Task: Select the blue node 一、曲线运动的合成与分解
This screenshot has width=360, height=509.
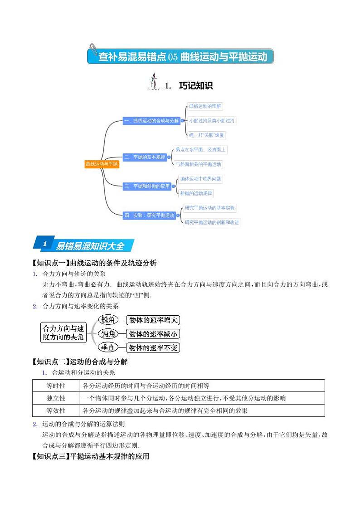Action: point(151,121)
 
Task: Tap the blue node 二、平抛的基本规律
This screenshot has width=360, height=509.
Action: point(145,157)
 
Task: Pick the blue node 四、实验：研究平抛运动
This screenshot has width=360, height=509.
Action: point(150,215)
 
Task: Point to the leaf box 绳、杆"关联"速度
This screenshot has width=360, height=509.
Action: point(206,135)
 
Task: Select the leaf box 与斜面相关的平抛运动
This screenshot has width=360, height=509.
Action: point(198,164)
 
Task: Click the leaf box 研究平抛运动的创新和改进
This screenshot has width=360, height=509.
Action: point(212,222)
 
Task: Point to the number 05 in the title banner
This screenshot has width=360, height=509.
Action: point(173,57)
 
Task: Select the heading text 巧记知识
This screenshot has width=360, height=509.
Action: point(196,85)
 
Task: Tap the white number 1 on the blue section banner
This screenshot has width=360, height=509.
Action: point(44,244)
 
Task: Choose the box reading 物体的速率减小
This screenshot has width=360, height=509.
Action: point(153,334)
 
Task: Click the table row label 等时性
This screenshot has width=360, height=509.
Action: point(56,386)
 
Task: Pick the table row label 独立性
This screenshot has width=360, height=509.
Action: point(56,398)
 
